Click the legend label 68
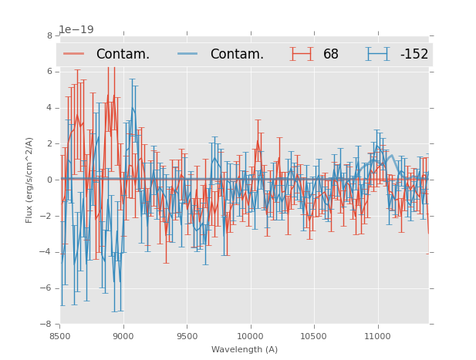pos(330,54)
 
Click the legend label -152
pos(414,54)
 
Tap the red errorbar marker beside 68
pos(302,54)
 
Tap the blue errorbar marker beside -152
pos(377,54)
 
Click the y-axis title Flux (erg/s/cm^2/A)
pos(29,180)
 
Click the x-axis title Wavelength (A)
pos(245,349)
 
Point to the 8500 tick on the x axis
pos(60,336)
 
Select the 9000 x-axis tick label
pos(123,336)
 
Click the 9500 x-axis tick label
pos(187,336)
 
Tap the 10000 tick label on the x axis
pos(251,336)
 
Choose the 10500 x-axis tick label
pos(314,336)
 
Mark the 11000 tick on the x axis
pos(377,336)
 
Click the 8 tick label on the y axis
pos(49,35)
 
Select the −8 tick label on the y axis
pos(47,325)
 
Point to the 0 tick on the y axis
pos(49,180)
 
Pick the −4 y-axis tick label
pos(47,252)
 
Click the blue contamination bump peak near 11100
pos(391,156)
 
